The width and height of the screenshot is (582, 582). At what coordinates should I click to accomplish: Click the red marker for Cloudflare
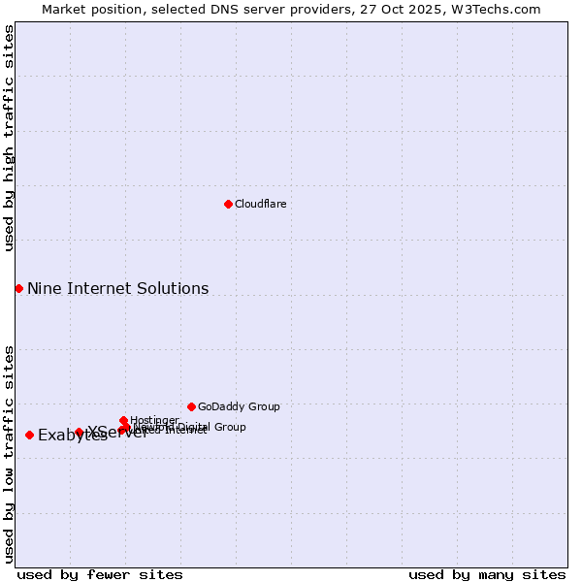tap(228, 204)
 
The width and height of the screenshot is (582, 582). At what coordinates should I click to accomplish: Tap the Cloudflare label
tap(260, 204)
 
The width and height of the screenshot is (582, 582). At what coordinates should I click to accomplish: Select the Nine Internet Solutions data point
tap(18, 288)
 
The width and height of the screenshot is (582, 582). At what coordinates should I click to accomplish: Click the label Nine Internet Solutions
tap(117, 288)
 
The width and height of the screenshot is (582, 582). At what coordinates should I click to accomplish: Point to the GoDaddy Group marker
tap(191, 406)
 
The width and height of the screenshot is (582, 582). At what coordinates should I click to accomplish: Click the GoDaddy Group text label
tap(239, 406)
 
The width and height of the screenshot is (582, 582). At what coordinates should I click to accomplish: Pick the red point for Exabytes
tap(29, 435)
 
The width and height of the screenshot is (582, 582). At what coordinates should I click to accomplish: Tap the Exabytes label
tap(72, 436)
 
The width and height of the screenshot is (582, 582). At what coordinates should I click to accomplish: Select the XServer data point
tap(80, 432)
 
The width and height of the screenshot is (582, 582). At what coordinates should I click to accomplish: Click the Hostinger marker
tap(123, 420)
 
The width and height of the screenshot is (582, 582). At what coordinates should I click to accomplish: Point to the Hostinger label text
tap(154, 420)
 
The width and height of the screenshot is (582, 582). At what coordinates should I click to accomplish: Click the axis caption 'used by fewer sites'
tap(100, 574)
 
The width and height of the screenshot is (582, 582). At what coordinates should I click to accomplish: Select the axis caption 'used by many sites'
tap(487, 574)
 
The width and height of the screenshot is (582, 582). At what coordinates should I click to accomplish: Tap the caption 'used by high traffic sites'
tap(9, 138)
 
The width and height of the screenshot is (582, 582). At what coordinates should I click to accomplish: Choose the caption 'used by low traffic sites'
tap(9, 453)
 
